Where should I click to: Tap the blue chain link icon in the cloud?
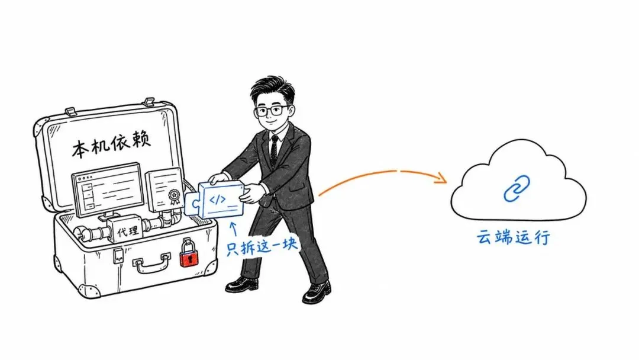[517, 188]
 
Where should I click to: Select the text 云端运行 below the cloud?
[514, 237]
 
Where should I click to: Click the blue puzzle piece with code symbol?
[215, 200]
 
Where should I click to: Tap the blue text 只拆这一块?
[262, 246]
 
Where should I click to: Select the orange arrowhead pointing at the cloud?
[441, 178]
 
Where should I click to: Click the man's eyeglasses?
[272, 111]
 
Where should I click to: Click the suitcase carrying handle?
[151, 263]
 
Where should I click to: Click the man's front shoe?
[317, 292]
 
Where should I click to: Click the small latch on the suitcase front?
[118, 255]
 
